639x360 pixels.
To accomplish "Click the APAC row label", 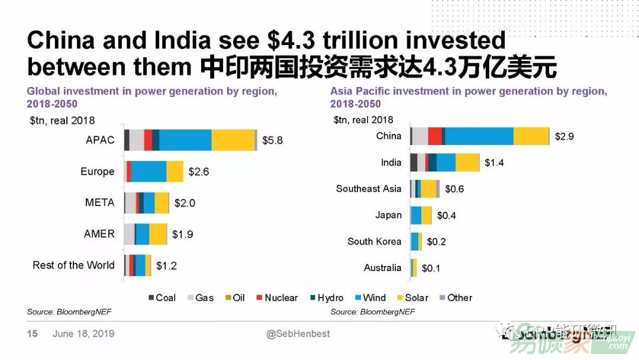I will click(x=100, y=140).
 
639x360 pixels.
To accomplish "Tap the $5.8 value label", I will click(x=273, y=140).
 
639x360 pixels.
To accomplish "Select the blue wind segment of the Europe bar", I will click(x=149, y=172).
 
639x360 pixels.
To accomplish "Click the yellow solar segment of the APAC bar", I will click(x=233, y=140).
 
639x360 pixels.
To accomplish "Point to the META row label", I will click(x=100, y=202).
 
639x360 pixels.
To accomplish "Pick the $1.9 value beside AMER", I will click(x=182, y=234).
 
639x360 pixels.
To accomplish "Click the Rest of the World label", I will click(x=73, y=265).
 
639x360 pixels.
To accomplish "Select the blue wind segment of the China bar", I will click(x=479, y=136).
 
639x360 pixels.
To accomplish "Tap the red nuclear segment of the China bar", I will click(x=435, y=136).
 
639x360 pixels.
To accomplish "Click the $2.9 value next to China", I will click(x=564, y=136).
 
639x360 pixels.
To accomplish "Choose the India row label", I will click(x=391, y=162).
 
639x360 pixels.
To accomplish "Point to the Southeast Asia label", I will click(x=369, y=189).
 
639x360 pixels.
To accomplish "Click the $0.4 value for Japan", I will click(x=446, y=216).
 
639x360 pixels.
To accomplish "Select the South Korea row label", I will click(x=375, y=242).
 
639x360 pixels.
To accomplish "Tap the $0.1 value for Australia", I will click(x=431, y=268).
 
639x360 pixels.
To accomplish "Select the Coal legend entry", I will click(x=162, y=298).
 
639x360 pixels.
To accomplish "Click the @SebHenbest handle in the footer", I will click(x=298, y=334).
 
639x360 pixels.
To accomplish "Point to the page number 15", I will click(x=33, y=334).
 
